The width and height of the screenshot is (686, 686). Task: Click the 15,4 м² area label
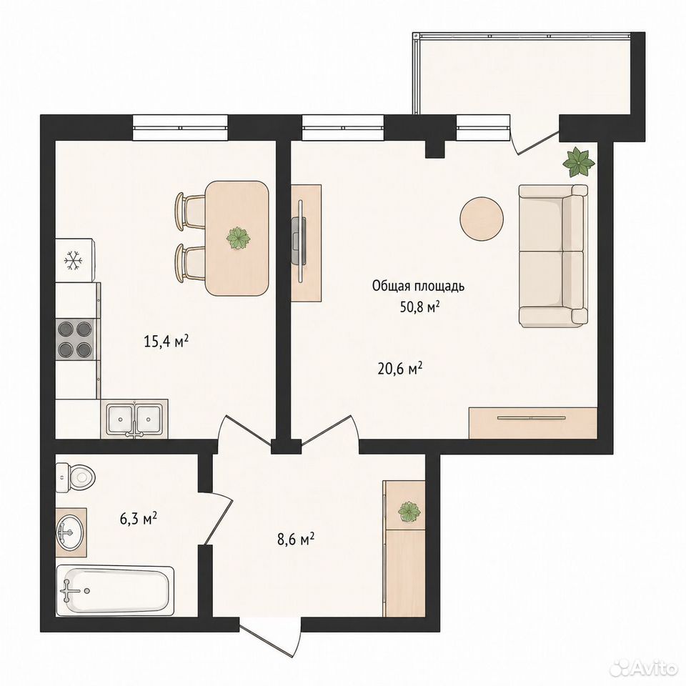[166, 341]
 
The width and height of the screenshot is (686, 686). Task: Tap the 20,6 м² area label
[399, 369]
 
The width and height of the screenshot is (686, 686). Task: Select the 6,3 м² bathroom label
[138, 519]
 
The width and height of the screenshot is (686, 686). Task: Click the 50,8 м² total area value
[419, 307]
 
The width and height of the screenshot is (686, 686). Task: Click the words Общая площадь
[418, 287]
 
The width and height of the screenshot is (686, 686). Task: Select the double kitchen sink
[134, 419]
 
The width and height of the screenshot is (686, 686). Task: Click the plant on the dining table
[239, 239]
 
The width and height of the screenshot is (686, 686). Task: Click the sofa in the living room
[553, 255]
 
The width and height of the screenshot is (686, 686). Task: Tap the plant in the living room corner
[578, 163]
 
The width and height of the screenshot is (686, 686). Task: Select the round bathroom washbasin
[69, 532]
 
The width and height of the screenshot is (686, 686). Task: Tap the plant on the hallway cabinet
[409, 511]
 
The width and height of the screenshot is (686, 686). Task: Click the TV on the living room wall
[299, 241]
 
